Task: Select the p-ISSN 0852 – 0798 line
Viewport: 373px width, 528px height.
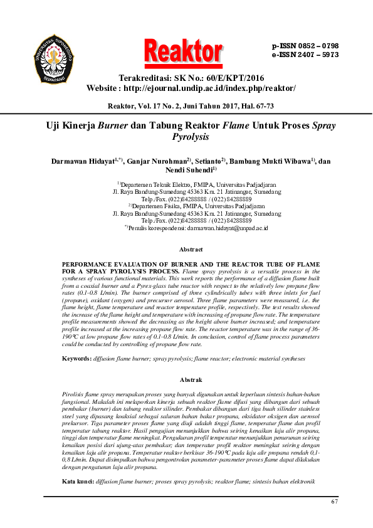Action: [305, 46]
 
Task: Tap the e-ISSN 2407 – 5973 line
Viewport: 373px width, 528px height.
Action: [305, 55]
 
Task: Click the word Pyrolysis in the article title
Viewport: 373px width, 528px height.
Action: [190, 137]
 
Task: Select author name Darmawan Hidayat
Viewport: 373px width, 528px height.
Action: [85, 161]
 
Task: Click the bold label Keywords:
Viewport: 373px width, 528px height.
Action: [76, 358]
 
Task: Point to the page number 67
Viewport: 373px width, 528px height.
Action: [334, 502]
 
